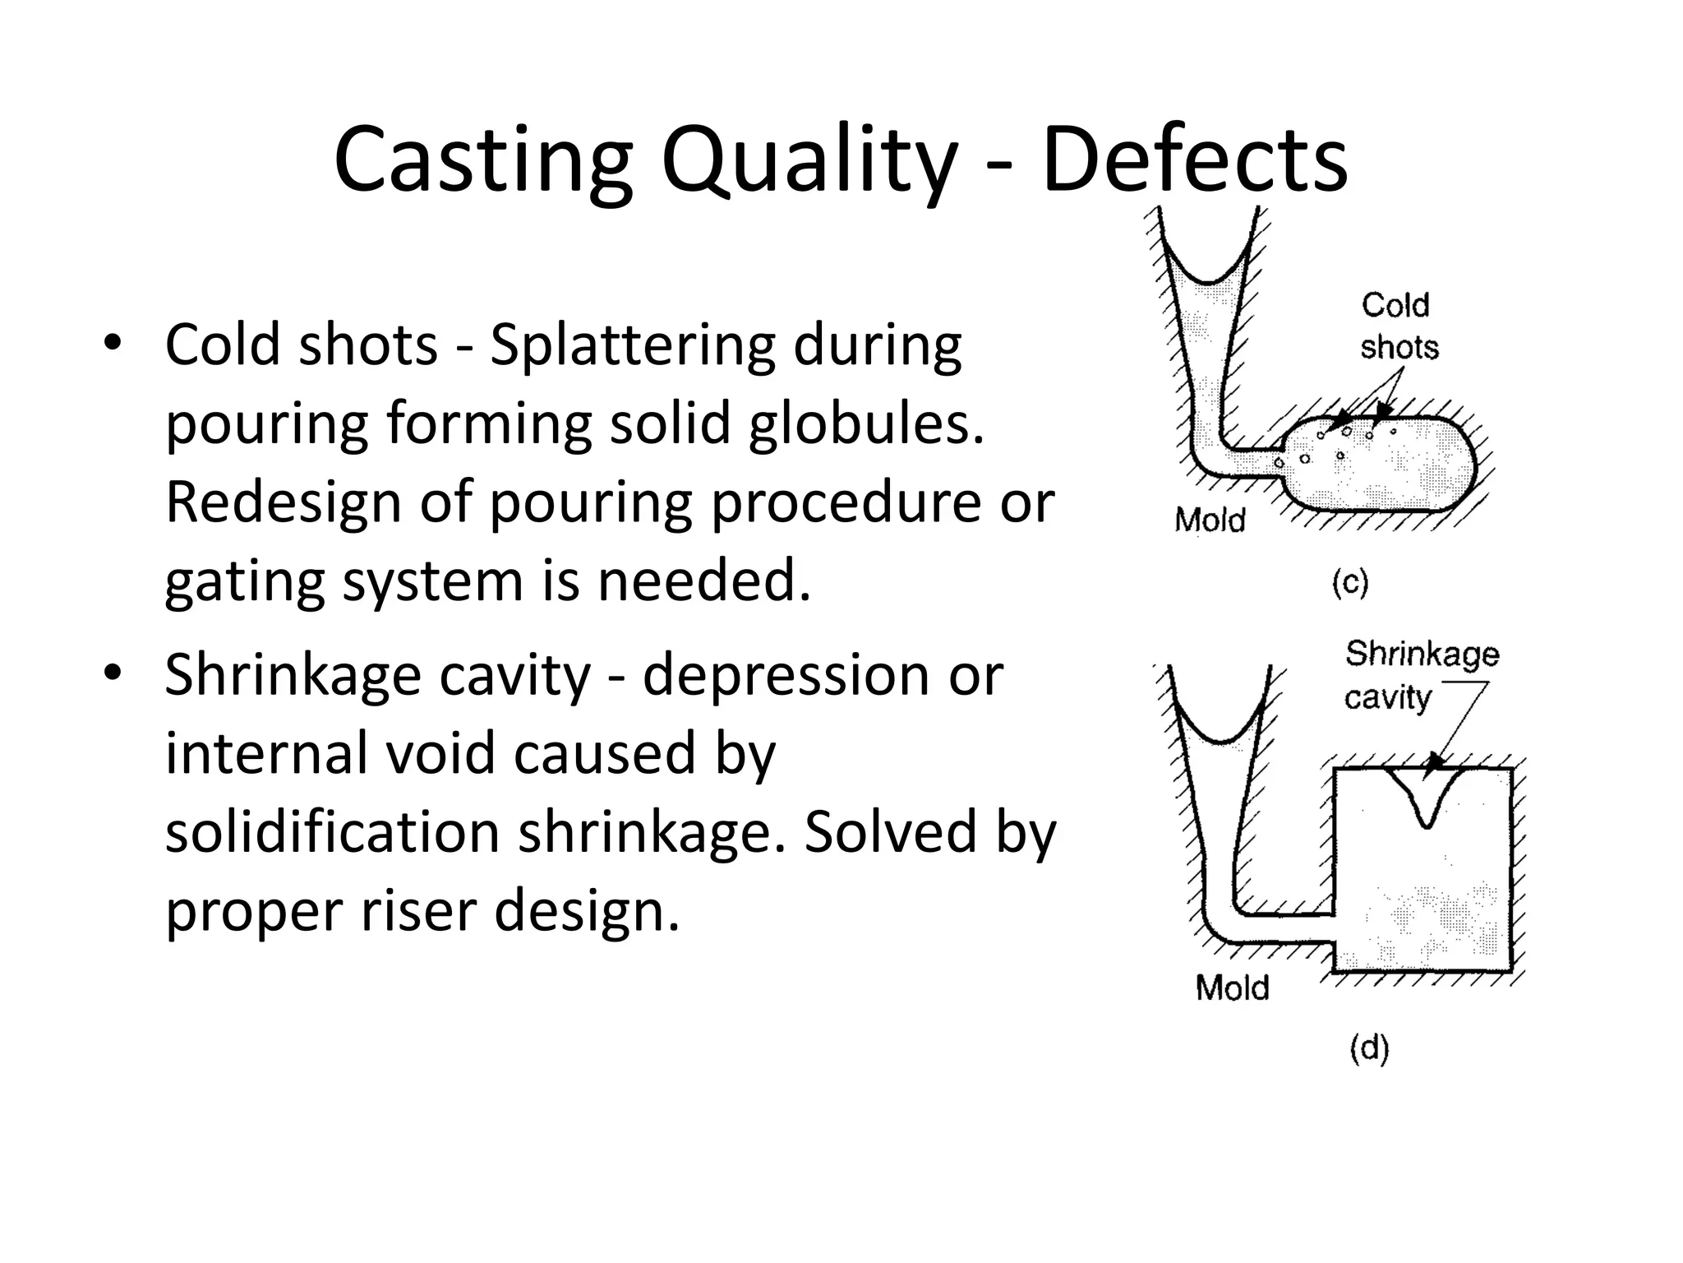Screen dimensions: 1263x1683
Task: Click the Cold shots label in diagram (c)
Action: coord(1399,326)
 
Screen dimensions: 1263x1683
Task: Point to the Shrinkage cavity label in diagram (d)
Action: coord(1421,675)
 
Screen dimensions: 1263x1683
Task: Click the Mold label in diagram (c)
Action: coord(1210,520)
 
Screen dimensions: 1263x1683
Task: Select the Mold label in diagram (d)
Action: coord(1232,988)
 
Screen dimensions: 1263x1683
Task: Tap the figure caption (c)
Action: coord(1349,583)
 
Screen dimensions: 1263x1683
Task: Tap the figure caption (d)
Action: coord(1369,1049)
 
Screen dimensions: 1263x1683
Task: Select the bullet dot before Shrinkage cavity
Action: coord(113,673)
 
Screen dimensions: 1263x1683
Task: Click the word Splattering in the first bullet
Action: coord(632,345)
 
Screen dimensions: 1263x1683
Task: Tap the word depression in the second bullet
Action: coord(785,676)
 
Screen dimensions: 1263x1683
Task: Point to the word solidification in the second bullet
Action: coord(333,831)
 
